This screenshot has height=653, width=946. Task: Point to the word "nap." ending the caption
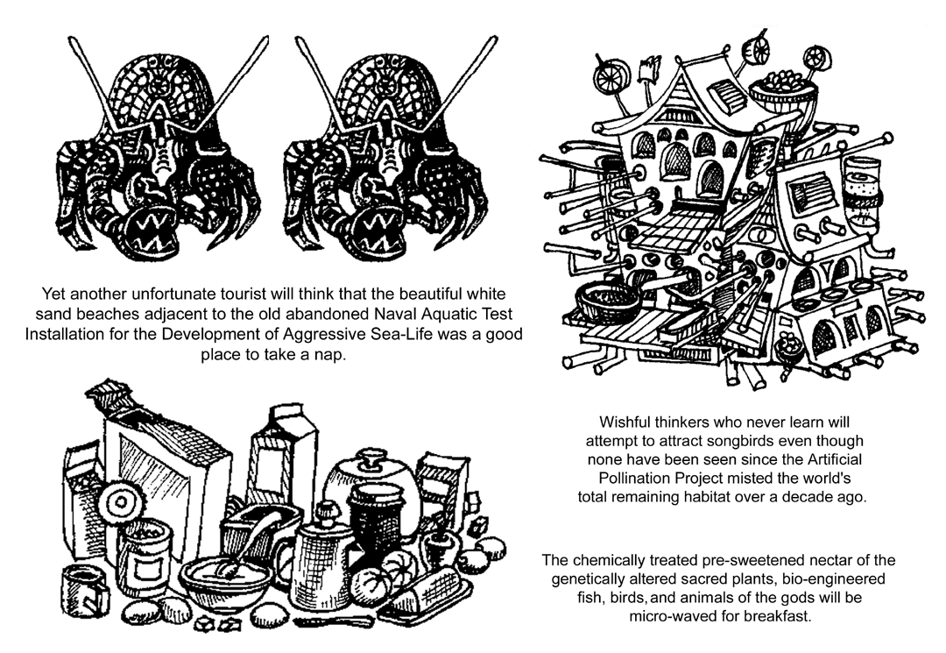[x=321, y=357]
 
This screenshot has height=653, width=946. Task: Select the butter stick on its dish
[x=423, y=597]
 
